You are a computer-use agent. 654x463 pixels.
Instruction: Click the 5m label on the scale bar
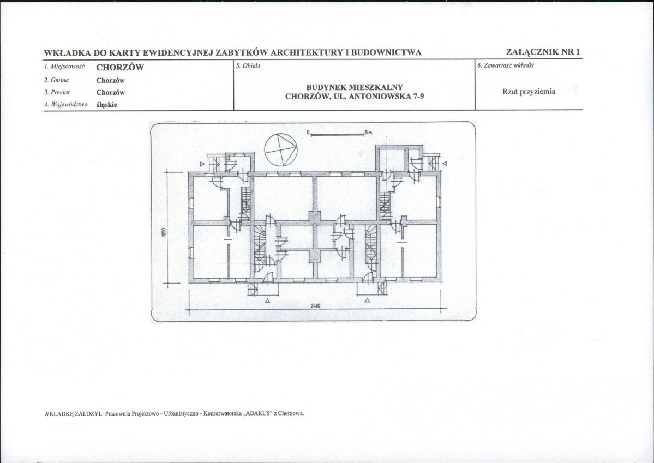[x=368, y=133]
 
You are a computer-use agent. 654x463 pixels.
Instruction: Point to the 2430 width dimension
[x=315, y=305]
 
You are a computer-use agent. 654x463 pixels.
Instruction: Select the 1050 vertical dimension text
[x=164, y=232]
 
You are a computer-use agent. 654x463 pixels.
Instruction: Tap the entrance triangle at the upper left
[x=202, y=164]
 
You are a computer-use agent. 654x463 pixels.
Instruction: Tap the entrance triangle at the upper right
[x=445, y=164]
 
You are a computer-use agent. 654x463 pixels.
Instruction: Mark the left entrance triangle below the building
[x=267, y=300]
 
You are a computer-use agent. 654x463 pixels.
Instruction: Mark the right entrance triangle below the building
[x=368, y=300]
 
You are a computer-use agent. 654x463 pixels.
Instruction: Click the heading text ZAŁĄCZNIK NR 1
[x=543, y=52]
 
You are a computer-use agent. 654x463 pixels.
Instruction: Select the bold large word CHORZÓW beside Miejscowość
[x=120, y=68]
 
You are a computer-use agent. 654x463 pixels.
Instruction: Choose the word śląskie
[x=107, y=105]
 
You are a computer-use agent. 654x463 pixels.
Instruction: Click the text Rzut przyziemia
[x=529, y=92]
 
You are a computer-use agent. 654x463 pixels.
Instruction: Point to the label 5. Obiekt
[x=248, y=65]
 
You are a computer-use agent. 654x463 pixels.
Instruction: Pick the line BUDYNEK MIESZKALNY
[x=355, y=87]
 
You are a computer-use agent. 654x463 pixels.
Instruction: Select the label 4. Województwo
[x=66, y=104]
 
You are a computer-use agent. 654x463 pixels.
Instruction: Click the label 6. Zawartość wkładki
[x=506, y=65]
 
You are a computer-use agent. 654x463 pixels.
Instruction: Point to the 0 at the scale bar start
[x=308, y=133]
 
